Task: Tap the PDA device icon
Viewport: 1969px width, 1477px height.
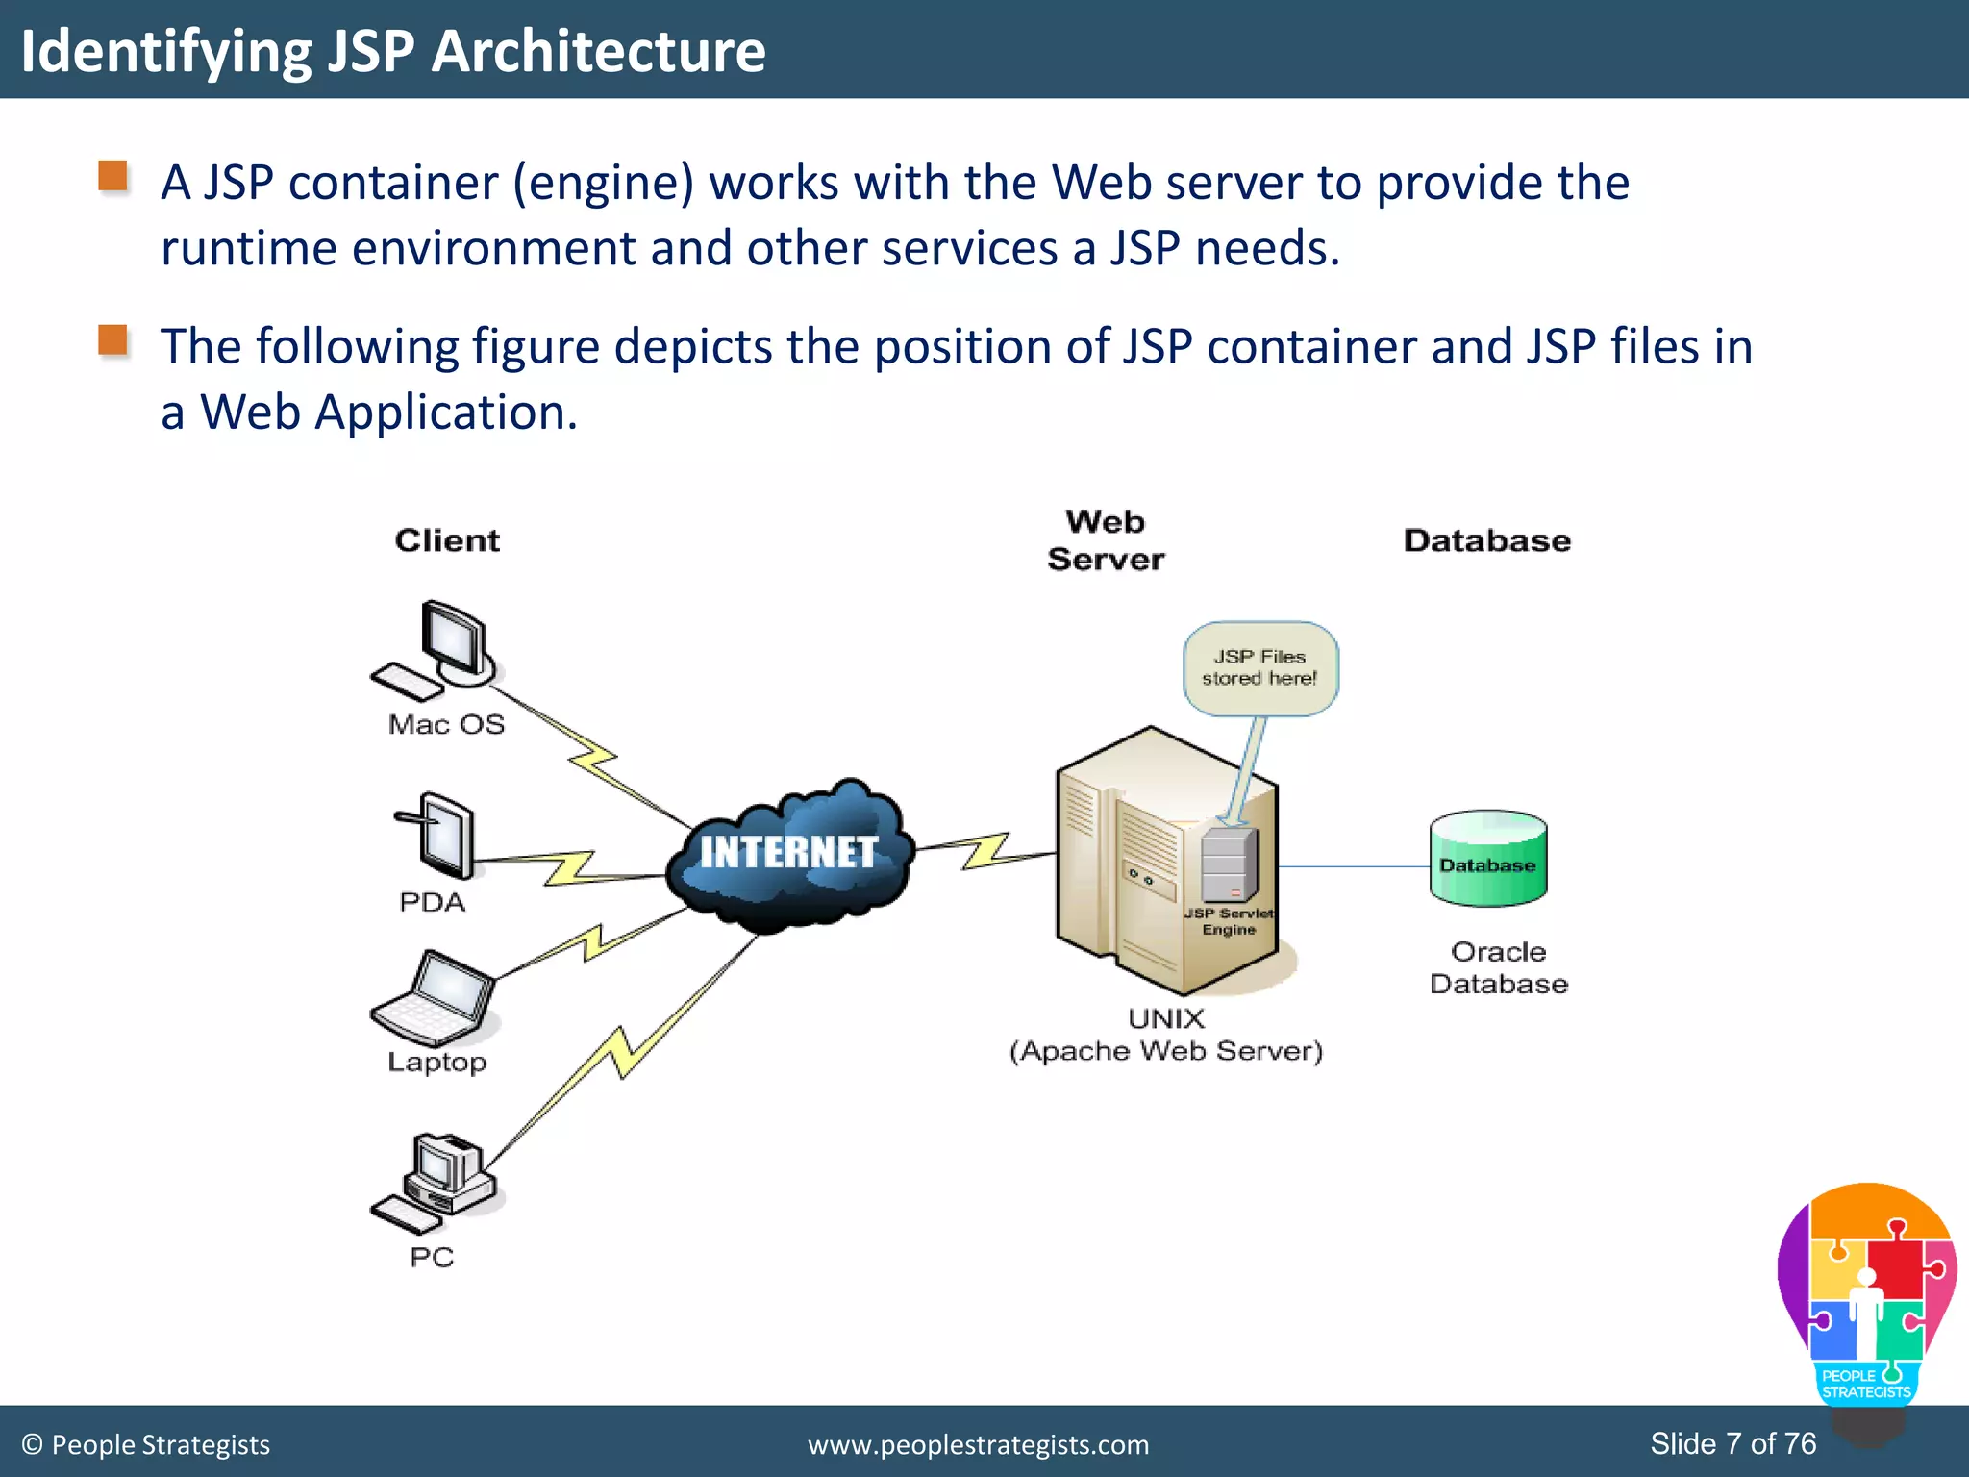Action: click(439, 834)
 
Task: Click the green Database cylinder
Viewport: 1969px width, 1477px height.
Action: click(1487, 859)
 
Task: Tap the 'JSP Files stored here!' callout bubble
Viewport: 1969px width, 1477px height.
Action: click(1259, 667)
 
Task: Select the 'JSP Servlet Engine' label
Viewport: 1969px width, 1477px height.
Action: click(1229, 921)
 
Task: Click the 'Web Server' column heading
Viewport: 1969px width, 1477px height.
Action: click(1106, 540)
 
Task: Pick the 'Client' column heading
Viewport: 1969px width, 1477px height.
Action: click(447, 540)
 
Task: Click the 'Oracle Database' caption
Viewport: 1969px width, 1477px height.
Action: click(1498, 967)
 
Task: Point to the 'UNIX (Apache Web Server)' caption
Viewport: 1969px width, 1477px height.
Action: click(1165, 1035)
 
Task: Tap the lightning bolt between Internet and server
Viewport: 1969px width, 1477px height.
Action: click(986, 850)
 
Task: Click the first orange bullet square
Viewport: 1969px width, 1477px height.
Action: click(113, 176)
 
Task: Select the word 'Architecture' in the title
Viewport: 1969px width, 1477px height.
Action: click(598, 51)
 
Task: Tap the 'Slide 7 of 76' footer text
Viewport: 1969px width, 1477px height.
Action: click(1732, 1443)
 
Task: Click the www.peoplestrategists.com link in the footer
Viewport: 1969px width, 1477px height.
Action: click(978, 1444)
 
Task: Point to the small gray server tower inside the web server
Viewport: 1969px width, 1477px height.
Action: click(1229, 864)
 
